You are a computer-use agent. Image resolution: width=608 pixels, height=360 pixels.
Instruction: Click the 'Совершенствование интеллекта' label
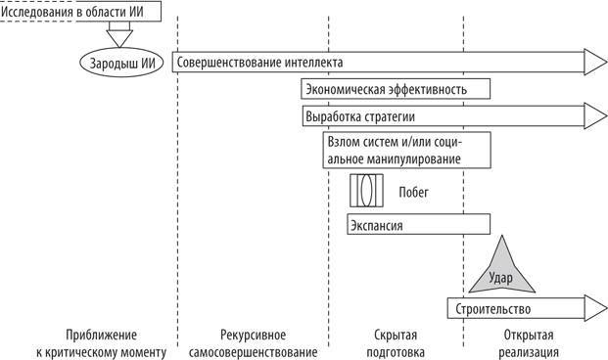(x=259, y=63)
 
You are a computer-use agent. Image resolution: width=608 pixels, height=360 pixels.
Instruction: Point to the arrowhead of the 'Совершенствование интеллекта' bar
(x=595, y=63)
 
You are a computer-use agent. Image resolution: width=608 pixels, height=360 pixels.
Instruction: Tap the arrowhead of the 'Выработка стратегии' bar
(x=595, y=117)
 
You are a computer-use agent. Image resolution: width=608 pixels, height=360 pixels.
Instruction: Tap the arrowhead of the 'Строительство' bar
(x=595, y=309)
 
